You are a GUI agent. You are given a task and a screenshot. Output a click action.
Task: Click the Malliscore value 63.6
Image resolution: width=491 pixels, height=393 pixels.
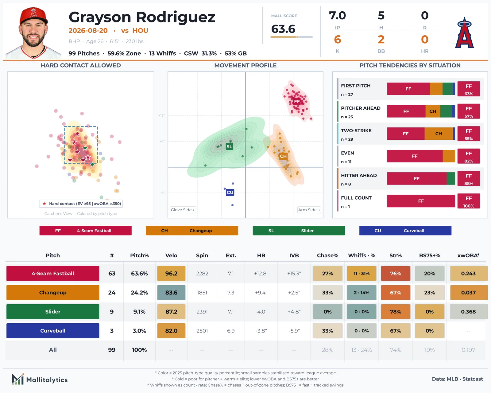(x=283, y=29)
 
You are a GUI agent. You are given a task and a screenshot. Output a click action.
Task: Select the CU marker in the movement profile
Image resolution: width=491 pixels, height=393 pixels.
(x=230, y=192)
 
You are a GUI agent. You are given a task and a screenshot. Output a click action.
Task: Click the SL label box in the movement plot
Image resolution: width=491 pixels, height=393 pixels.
(x=229, y=146)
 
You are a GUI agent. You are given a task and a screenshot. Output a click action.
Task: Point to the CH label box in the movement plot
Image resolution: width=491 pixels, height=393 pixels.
(x=283, y=156)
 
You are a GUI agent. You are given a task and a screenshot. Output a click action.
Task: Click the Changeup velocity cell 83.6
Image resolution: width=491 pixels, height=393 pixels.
(x=171, y=293)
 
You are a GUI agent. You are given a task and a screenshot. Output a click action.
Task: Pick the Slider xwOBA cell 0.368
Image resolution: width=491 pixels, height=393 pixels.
(x=468, y=312)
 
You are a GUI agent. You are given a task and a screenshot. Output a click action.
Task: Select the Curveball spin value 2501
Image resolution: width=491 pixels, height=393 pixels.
(x=202, y=331)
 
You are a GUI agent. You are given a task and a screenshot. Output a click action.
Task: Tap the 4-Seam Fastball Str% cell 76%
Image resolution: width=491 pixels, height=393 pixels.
(x=395, y=273)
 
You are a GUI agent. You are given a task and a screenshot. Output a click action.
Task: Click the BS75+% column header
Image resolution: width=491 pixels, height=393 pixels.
(x=429, y=255)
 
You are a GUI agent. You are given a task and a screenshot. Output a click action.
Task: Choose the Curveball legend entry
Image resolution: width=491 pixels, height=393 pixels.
(x=405, y=231)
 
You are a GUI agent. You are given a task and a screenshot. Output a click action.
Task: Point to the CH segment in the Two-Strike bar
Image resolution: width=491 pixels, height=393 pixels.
(x=439, y=134)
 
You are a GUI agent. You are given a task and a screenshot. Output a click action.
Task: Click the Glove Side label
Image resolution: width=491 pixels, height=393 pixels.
(x=183, y=210)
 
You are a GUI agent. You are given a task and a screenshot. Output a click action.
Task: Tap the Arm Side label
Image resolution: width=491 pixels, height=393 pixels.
(x=309, y=210)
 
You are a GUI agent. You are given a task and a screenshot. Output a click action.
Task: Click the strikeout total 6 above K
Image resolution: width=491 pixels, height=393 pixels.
(x=338, y=40)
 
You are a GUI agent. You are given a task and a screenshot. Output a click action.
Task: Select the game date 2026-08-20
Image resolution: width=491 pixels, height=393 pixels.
(x=88, y=30)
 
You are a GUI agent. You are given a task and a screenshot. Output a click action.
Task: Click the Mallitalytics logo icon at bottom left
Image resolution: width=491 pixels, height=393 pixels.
(x=18, y=379)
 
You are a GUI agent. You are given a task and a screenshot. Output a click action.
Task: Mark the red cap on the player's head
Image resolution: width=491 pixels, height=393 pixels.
(x=33, y=16)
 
